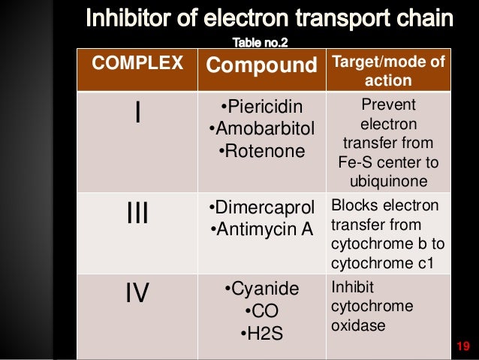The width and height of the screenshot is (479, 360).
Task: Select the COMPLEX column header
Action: pos(137,65)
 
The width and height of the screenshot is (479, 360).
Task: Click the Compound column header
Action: pos(261,65)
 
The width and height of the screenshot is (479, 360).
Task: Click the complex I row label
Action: pos(137,113)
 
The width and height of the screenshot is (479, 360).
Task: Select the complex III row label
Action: pos(137,215)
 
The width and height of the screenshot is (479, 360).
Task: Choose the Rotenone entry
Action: pos(261,151)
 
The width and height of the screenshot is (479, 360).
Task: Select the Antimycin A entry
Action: pos(261,228)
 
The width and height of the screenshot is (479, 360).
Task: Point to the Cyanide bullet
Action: pos(261,289)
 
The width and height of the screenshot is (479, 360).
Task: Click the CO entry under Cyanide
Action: pos(261,311)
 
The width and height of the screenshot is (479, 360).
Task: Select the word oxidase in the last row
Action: pos(355,325)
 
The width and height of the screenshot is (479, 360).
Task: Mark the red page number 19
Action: pos(462,346)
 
